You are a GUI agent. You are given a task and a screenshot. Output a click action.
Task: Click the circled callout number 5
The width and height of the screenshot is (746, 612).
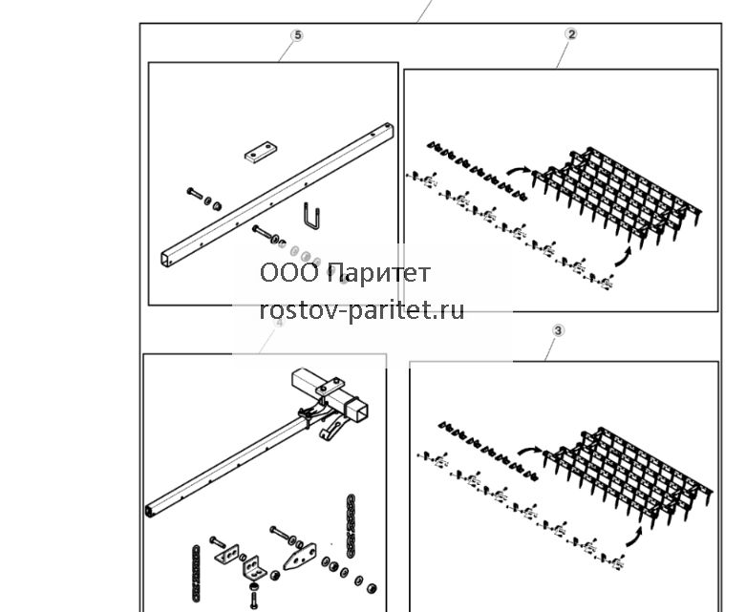click(297, 35)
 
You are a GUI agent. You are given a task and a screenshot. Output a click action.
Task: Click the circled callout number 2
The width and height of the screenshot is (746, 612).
click(571, 34)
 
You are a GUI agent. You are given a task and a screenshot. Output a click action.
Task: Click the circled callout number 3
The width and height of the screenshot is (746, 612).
click(558, 330)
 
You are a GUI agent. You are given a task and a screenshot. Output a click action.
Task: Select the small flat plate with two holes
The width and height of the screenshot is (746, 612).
click(261, 152)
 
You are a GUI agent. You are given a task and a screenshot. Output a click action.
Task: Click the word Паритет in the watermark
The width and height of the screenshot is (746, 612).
click(378, 273)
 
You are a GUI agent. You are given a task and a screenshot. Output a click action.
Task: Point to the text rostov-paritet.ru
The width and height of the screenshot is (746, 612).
click(362, 310)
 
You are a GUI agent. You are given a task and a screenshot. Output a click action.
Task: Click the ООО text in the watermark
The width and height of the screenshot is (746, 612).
click(289, 273)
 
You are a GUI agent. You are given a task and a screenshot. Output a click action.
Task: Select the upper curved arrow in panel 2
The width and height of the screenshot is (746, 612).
click(518, 169)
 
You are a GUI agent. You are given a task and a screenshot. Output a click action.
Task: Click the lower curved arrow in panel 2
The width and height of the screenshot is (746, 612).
click(623, 257)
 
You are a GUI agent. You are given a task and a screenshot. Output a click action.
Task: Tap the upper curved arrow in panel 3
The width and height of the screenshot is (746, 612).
click(529, 450)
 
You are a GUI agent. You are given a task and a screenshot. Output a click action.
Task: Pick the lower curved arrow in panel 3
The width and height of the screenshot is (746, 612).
click(634, 537)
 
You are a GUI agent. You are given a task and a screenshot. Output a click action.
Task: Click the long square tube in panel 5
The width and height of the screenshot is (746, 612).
click(278, 195)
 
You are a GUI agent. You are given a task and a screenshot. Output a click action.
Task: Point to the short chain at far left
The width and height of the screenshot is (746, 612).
click(195, 573)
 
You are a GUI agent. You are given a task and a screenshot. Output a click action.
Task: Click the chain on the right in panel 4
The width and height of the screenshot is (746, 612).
click(352, 525)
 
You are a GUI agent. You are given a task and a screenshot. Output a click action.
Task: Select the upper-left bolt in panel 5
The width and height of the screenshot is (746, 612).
click(195, 193)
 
